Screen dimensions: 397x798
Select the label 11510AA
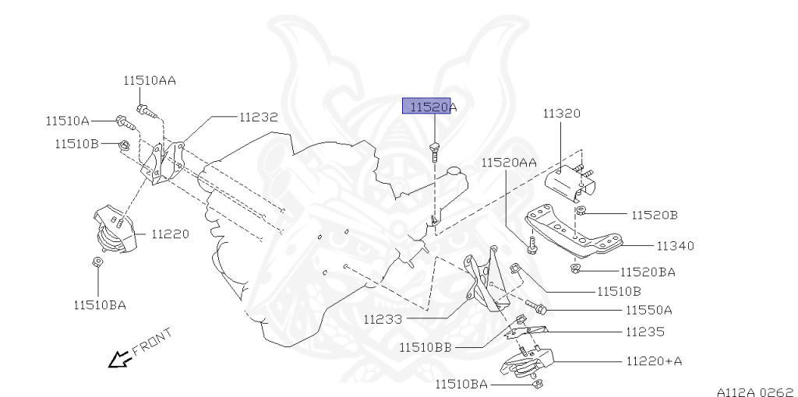click(149, 79)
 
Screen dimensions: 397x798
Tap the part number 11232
click(258, 117)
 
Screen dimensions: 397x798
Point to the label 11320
click(561, 114)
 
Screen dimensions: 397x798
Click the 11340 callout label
click(674, 246)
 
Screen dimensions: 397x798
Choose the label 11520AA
click(508, 162)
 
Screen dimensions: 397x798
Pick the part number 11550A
click(648, 310)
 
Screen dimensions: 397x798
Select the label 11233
click(382, 318)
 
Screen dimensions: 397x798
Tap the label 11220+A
click(654, 361)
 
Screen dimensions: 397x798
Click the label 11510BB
click(425, 347)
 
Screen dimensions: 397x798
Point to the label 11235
click(644, 332)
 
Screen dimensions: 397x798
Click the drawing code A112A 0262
click(755, 392)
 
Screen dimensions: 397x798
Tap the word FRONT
click(153, 342)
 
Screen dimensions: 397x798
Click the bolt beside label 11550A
click(535, 307)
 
